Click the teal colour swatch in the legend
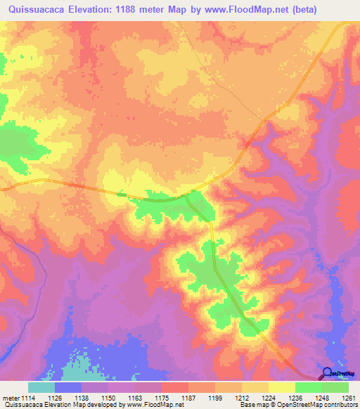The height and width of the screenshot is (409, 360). click(x=41, y=387)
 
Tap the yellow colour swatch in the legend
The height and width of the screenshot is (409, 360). click(x=282, y=387)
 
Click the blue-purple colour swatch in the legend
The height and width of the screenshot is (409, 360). click(x=68, y=387)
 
